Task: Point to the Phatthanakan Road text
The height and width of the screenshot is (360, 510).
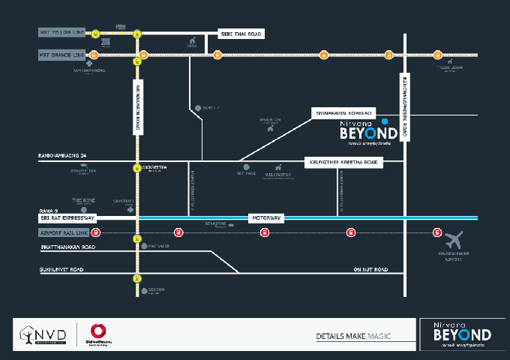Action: pyautogui.click(x=67, y=247)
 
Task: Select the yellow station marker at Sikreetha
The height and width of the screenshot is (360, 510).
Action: pyautogui.click(x=136, y=168)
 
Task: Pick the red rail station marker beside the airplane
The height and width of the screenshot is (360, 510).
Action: pyautogui.click(x=437, y=232)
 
